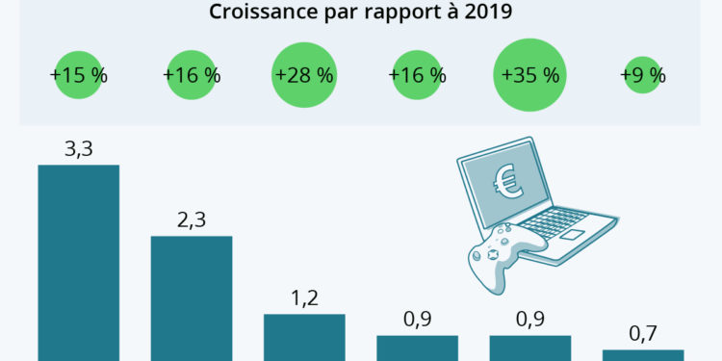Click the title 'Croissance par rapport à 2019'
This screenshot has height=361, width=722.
pos(360,13)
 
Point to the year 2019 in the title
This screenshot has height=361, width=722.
pos(486,13)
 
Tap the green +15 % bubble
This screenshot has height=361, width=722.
pos(78,75)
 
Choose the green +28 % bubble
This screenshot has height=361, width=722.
pos(305,75)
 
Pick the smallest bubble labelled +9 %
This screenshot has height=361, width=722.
pos(642,75)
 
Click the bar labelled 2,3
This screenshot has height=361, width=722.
pos(192,297)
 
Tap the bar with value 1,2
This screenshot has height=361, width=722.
pos(304,337)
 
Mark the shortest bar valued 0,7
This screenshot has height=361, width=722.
pos(643,354)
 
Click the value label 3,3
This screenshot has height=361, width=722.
pos(78,148)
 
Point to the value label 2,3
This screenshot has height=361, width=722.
pos(192,219)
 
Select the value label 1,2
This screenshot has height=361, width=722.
pos(304,297)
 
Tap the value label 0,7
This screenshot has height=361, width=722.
pos(643,333)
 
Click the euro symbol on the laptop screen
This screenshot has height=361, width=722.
pos(508,183)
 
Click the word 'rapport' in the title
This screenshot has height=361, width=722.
pos(388,13)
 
